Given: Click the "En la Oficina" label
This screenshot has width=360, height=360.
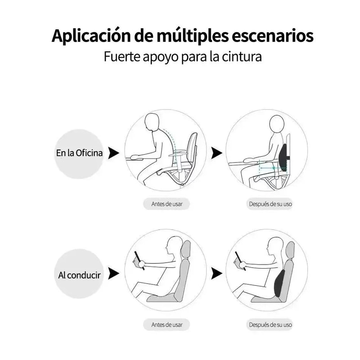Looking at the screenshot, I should coord(79,153).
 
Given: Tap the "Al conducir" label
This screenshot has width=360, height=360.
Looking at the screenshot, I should coord(79,274).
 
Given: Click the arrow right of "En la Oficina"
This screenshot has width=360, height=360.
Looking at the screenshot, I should coord(114,153).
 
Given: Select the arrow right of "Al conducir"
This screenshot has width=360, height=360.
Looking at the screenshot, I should coord(114,274).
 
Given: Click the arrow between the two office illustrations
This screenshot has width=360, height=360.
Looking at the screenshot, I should coord(217,153).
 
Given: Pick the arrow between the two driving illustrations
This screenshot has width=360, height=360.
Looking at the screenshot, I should coord(217,274).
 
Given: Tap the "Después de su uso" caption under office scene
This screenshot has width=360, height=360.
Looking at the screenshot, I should coord(270,204).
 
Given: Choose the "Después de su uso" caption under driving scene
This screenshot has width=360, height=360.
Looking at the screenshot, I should coord(270,324).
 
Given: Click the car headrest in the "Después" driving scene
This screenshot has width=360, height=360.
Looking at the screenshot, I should coord(290,250).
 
